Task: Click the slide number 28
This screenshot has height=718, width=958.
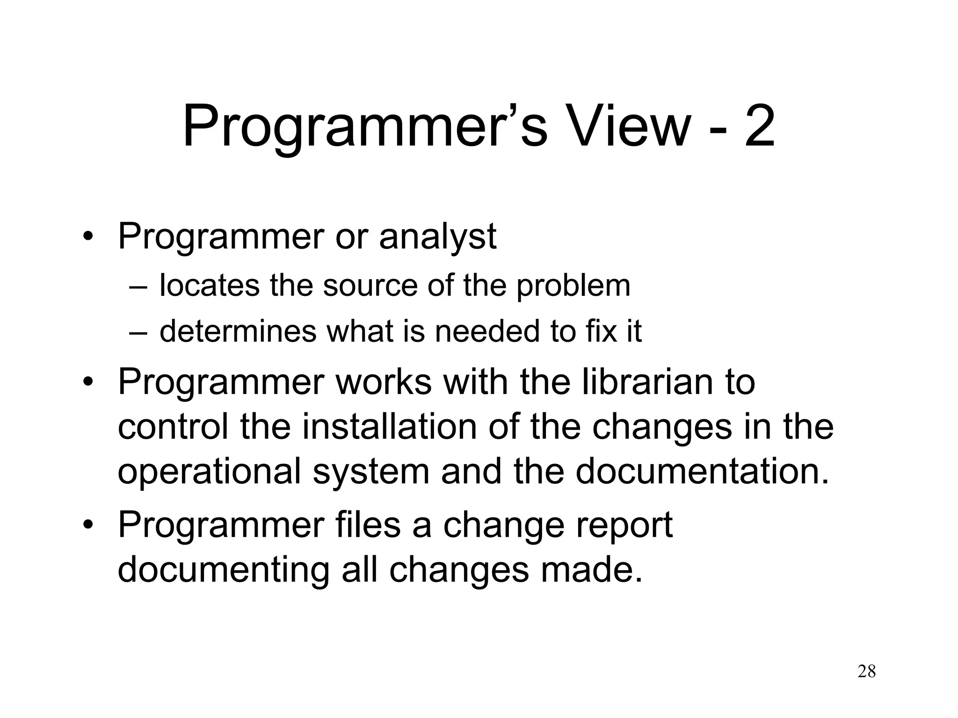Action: [x=866, y=672]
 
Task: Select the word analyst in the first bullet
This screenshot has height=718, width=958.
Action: [x=437, y=237]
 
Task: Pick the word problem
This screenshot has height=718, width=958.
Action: [x=573, y=286]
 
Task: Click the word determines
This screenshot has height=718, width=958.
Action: [x=238, y=331]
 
